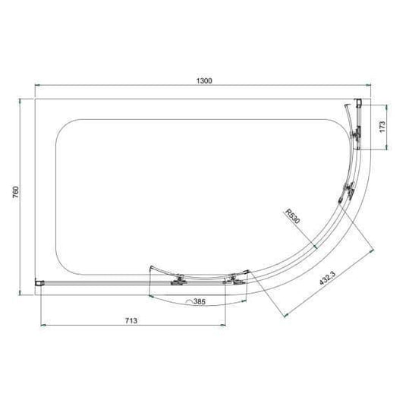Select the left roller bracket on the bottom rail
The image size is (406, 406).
[180, 281]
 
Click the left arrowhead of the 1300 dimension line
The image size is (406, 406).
[38, 87]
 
